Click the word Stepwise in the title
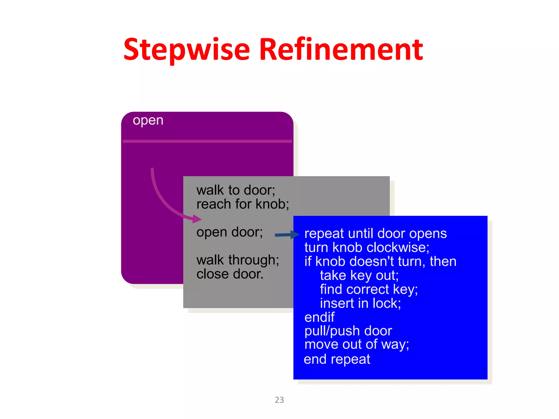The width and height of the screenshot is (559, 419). [x=187, y=50]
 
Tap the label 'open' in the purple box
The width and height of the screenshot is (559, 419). [x=148, y=120]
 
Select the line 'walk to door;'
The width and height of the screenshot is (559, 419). [x=236, y=190]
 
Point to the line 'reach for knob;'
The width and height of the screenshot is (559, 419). [x=243, y=204]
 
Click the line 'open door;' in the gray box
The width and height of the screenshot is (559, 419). [x=230, y=232]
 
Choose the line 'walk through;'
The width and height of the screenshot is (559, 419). [x=238, y=260]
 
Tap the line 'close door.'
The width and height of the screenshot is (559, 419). [x=230, y=274]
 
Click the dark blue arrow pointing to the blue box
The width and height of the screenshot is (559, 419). [x=287, y=235]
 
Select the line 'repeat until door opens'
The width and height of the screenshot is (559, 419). [x=375, y=234]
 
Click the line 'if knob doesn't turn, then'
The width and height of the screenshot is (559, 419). [x=380, y=261]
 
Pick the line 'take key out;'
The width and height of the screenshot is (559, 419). [x=359, y=276]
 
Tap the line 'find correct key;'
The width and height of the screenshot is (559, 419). [x=369, y=289]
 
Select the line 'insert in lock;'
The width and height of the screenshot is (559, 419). [x=360, y=303]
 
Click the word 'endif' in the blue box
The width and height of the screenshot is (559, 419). [x=319, y=317]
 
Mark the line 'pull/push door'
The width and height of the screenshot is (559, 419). [x=348, y=331]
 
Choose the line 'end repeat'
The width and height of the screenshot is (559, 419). [x=337, y=359]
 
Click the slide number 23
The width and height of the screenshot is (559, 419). [x=279, y=400]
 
